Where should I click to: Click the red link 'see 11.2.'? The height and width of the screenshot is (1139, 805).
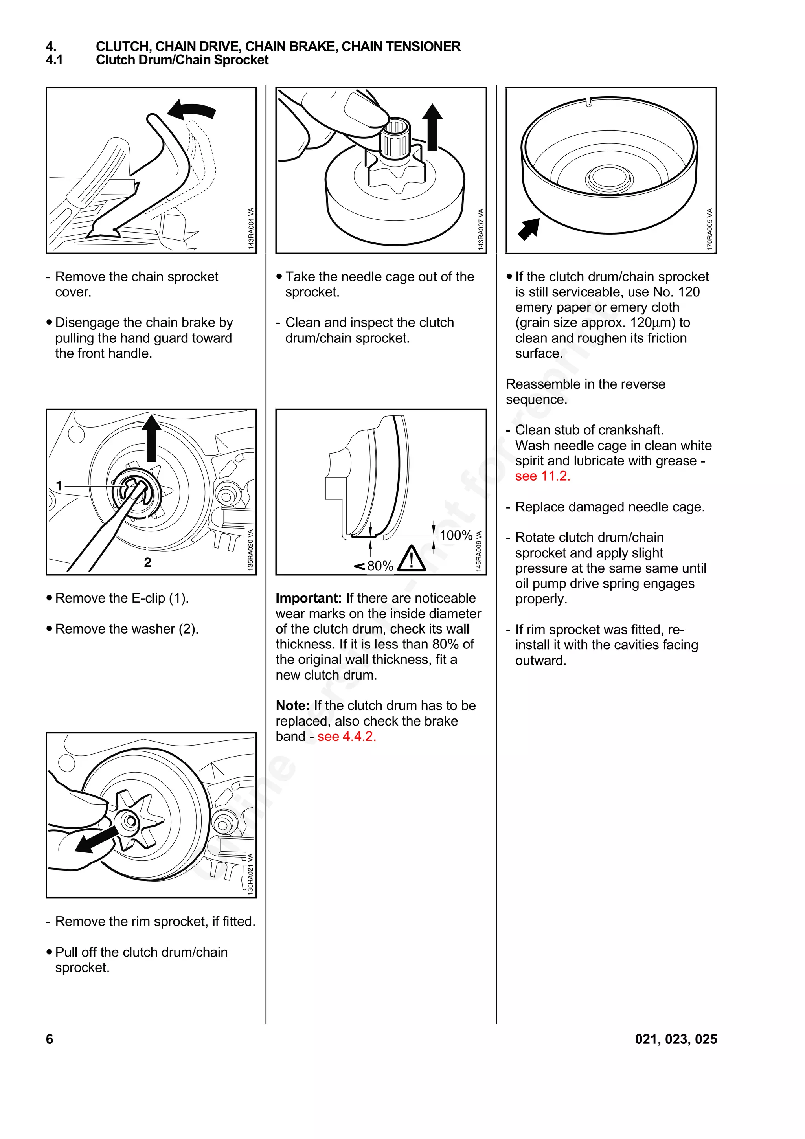click(542, 476)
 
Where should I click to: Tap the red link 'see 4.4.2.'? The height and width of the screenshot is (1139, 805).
click(347, 736)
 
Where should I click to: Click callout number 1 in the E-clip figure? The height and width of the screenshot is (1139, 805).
click(59, 486)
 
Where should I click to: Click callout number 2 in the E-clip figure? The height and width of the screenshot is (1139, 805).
click(147, 562)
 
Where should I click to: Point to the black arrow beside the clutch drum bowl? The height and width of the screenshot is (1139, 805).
click(529, 229)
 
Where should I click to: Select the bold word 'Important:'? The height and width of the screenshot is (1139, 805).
click(309, 598)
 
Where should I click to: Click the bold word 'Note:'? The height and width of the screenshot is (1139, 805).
click(292, 705)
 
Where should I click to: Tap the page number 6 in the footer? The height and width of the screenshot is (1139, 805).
click(50, 1039)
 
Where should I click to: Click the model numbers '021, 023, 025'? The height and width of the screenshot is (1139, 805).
click(676, 1039)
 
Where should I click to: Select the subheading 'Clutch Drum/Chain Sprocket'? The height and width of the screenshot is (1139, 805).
click(182, 60)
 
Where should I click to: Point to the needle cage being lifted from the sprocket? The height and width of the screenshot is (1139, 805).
click(395, 138)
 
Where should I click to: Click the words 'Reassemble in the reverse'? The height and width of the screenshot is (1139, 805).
click(585, 384)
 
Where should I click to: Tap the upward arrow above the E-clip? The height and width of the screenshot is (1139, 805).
click(151, 437)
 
